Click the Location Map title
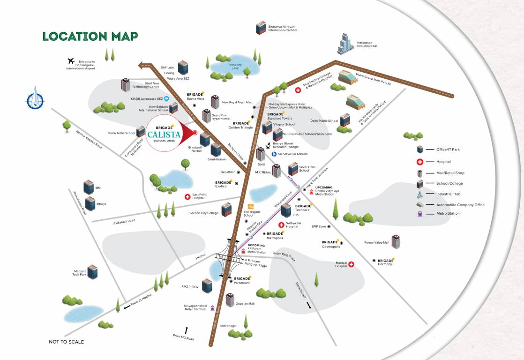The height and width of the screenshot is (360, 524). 90,36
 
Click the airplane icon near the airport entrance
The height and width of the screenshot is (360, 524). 71,61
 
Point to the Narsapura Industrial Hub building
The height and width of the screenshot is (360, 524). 345,44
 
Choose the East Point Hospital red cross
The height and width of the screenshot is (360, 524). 187,196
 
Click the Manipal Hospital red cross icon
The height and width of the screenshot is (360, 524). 350,264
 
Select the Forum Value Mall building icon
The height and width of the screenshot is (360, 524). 396,242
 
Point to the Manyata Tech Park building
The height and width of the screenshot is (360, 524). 93,271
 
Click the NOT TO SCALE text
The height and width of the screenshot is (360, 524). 66,342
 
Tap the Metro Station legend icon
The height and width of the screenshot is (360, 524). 420,214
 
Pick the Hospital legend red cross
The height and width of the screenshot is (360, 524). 420,162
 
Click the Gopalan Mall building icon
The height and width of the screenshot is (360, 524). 230,300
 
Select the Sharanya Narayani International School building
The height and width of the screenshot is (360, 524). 260,28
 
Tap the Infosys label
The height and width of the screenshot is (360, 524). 101,204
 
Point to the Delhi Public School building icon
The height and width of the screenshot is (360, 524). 345,120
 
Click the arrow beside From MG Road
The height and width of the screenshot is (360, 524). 186,330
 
